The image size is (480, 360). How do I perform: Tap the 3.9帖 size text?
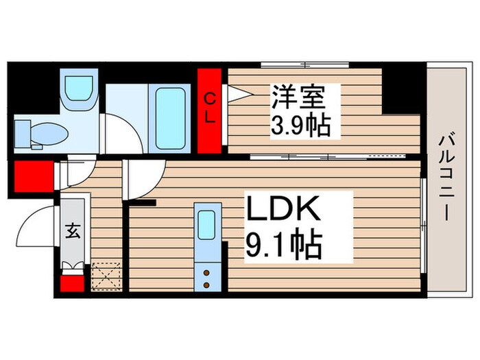pyautogui.click(x=298, y=125)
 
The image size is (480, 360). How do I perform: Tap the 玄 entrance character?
pyautogui.click(x=73, y=231)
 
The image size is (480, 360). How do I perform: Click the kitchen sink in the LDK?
pyautogui.click(x=206, y=224)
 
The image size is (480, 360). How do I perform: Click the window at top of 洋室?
pyautogui.click(x=305, y=65)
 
